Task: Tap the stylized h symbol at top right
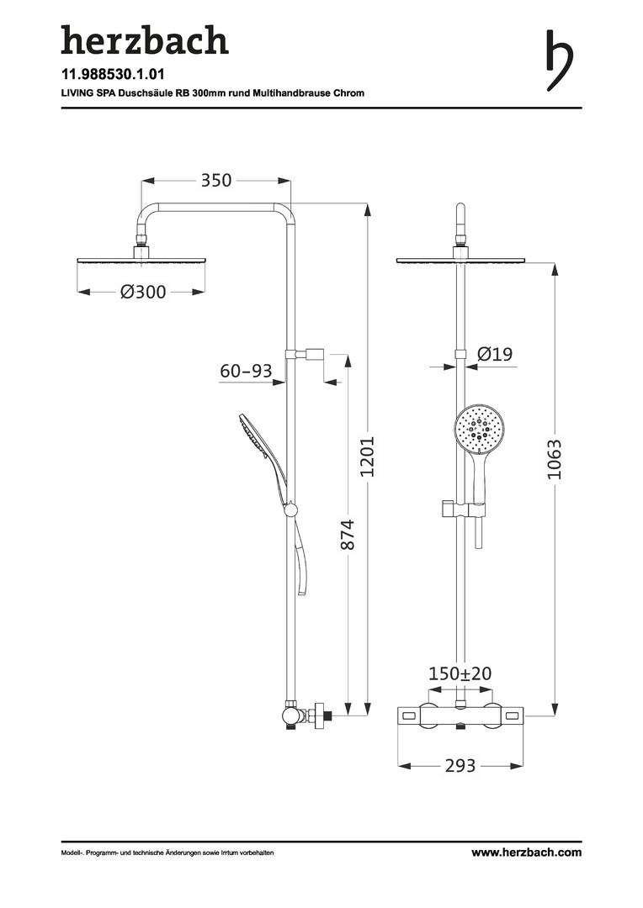(x=560, y=61)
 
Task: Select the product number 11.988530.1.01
(x=113, y=74)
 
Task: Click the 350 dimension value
(x=216, y=180)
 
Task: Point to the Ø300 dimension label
(x=143, y=292)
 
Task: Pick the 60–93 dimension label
(x=246, y=371)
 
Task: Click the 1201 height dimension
(x=368, y=457)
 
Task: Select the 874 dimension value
(x=346, y=535)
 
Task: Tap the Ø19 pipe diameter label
(x=495, y=354)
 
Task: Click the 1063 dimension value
(x=555, y=460)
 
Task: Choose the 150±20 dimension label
(x=460, y=673)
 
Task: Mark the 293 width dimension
(x=460, y=766)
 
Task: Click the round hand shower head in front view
(x=480, y=429)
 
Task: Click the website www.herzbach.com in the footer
(x=526, y=853)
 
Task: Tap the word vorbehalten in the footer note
(x=258, y=853)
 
